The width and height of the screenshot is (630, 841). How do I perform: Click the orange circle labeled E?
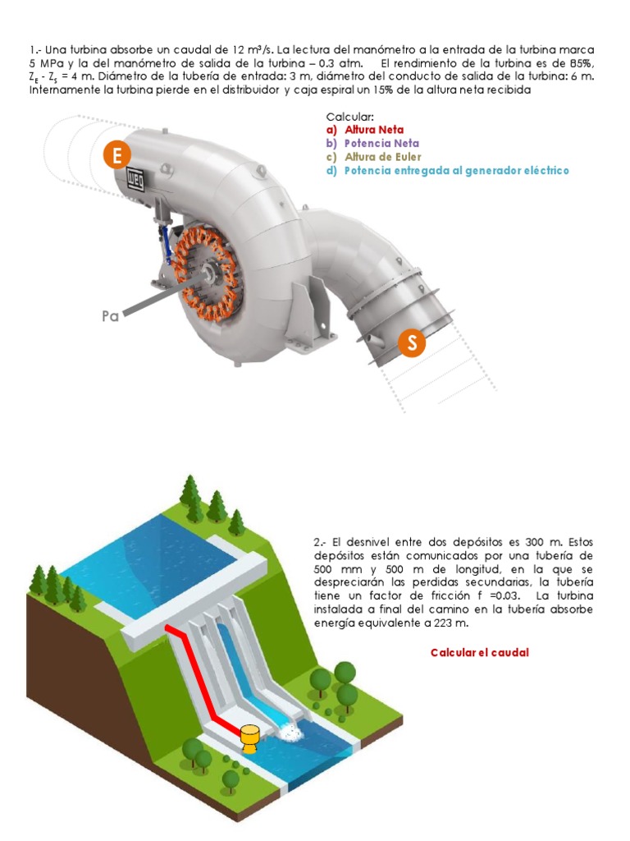tap(117, 156)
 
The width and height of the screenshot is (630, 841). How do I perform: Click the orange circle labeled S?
tap(412, 342)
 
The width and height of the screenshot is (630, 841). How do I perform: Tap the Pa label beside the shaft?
tap(111, 315)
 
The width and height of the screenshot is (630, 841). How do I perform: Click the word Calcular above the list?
tap(350, 117)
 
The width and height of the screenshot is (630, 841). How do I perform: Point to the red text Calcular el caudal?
tap(480, 652)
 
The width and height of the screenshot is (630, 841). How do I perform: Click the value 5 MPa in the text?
tap(47, 64)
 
